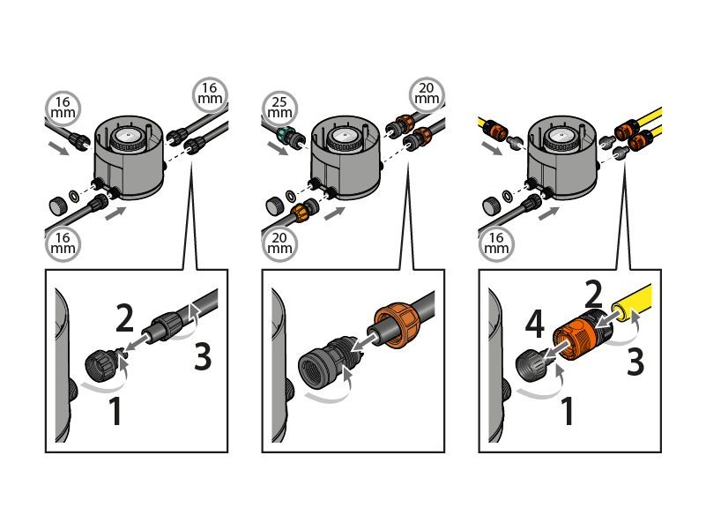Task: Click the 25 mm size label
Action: click(279, 108)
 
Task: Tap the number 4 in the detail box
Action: click(534, 324)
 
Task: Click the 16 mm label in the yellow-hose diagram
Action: click(496, 244)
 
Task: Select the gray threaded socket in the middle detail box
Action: click(320, 362)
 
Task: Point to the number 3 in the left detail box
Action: click(203, 356)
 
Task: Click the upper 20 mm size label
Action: click(427, 94)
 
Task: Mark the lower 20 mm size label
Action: click(279, 244)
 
